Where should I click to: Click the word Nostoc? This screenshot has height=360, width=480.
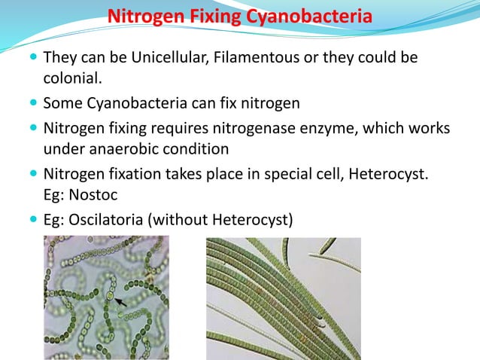coord(99,194)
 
